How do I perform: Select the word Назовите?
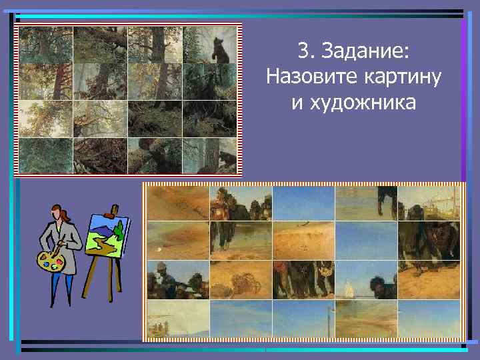click(306, 77)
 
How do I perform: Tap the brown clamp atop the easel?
click(113, 208)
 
